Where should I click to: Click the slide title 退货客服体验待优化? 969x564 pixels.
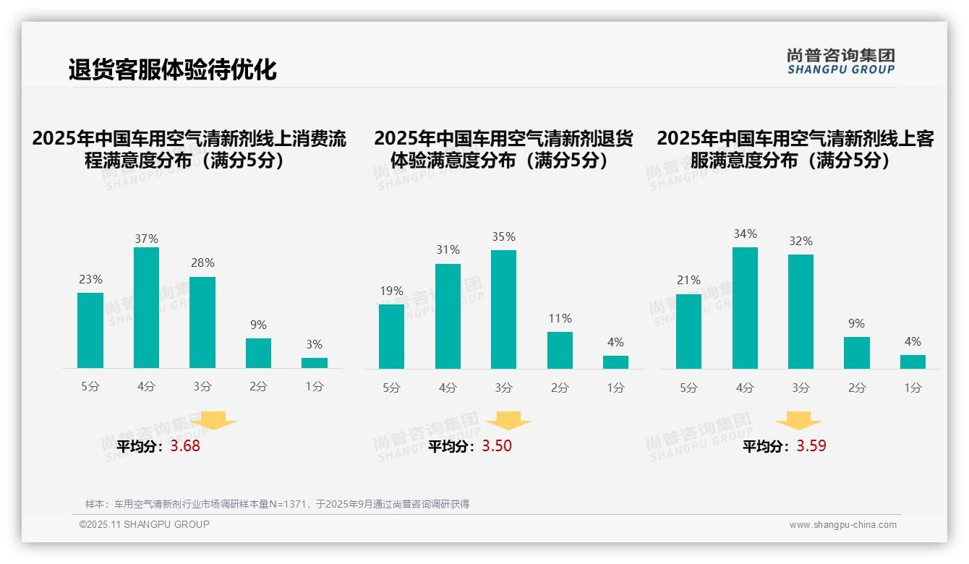pos(172,70)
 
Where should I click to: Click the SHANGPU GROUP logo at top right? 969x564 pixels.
pos(840,61)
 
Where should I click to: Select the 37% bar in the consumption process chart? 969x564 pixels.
pos(146,307)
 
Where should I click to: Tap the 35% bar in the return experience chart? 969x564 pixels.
pos(503,309)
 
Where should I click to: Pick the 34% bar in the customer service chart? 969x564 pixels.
pos(745,307)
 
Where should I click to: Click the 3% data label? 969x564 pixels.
pos(314,345)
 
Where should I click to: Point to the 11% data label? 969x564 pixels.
pos(560,318)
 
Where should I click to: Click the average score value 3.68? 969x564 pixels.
pos(185,446)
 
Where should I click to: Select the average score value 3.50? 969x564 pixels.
pos(497,446)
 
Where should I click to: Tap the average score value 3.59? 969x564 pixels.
pos(811,446)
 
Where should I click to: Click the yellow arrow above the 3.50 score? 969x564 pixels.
pos(508,421)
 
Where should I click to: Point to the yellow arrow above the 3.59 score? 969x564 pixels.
pos(798,421)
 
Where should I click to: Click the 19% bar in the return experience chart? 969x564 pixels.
pos(391,336)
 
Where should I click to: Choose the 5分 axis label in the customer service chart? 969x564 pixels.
pos(688,388)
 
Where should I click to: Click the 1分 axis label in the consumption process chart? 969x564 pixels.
pos(314,387)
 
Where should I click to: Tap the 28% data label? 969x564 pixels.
pos(202,263)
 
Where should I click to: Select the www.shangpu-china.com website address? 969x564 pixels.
pos(842,525)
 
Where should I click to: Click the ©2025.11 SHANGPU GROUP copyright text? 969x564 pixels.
pos(145,524)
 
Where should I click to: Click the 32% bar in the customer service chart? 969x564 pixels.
pos(801,311)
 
